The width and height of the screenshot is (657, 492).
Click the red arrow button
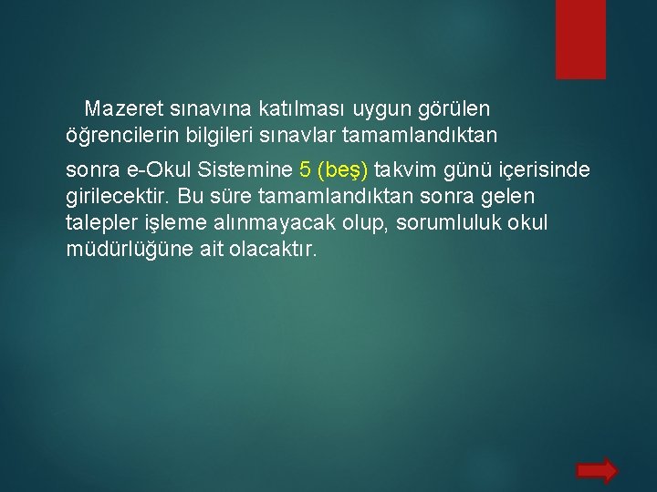click(598, 470)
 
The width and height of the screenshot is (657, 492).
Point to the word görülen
click(454, 109)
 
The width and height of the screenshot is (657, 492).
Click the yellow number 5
click(305, 170)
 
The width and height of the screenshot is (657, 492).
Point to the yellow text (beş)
click(342, 170)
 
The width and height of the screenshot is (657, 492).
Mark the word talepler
click(102, 223)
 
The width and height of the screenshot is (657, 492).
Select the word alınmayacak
click(289, 223)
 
